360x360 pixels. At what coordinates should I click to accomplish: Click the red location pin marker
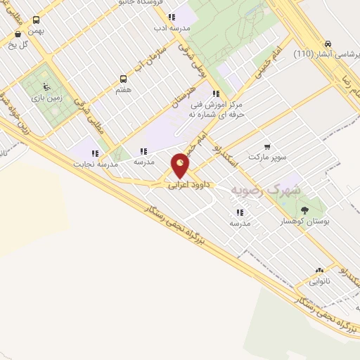(x=181, y=166)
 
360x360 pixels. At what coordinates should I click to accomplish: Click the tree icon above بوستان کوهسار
(x=304, y=210)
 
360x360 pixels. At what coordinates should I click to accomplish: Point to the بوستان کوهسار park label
(x=305, y=221)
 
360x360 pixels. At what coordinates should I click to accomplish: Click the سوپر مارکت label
(x=267, y=157)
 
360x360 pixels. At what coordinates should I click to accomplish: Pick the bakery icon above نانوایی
(x=320, y=270)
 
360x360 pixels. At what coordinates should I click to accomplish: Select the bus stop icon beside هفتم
(x=124, y=79)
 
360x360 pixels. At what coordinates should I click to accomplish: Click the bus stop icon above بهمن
(x=36, y=20)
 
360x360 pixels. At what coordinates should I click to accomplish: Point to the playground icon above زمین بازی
(x=46, y=87)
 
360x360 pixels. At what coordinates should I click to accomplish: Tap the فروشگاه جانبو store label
(x=162, y=3)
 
